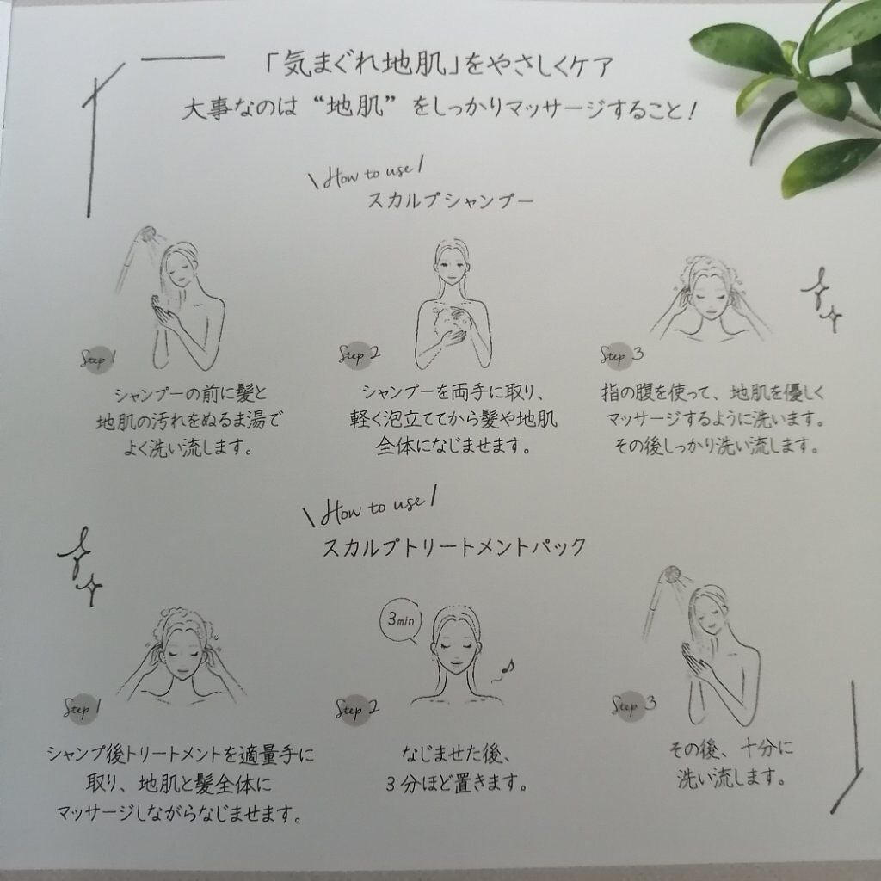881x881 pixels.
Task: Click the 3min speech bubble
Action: coord(401,620)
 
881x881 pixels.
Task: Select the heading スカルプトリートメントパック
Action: coord(454,546)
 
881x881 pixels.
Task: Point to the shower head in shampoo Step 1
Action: coord(147,234)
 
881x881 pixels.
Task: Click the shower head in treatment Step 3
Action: coord(671,575)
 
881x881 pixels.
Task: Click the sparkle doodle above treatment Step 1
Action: coord(80,566)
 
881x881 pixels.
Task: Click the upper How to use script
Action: coord(367,174)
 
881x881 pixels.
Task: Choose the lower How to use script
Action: coord(371,508)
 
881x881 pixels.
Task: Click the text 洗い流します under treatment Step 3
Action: coord(730,778)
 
